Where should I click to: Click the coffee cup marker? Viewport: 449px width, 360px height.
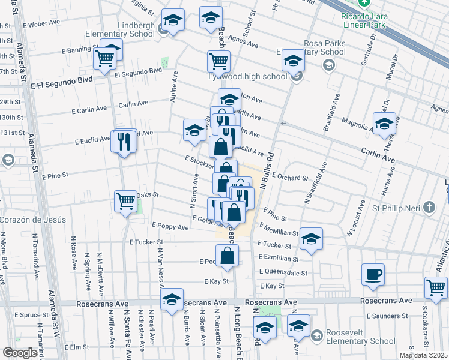(x=373, y=274)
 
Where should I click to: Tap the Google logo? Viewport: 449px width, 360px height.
(x=19, y=353)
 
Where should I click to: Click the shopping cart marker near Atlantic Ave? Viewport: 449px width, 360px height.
(x=435, y=286)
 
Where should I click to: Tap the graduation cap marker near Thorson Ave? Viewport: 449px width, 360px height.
(x=384, y=123)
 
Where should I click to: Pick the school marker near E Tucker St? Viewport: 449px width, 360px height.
(x=310, y=238)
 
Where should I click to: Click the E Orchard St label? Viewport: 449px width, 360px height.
(x=289, y=178)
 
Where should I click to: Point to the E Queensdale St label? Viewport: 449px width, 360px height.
(x=284, y=272)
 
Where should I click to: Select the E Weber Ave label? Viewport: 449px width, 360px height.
(x=41, y=24)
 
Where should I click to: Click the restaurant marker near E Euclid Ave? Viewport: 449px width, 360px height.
(x=124, y=142)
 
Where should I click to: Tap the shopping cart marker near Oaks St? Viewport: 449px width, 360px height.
(x=125, y=200)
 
